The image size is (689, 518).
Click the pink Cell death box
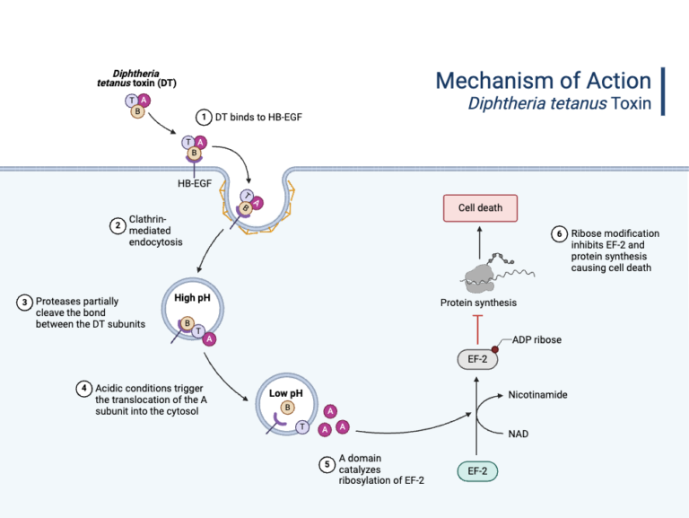(480, 207)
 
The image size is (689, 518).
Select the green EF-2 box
(477, 470)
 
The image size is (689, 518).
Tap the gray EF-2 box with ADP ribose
(477, 359)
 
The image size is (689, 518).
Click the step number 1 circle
(204, 117)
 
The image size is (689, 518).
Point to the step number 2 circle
(117, 225)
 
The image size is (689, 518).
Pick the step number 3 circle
(24, 302)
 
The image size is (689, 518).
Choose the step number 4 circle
(83, 389)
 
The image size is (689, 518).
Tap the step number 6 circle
(559, 234)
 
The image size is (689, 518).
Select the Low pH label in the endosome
(286, 392)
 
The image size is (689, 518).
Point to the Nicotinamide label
(537, 395)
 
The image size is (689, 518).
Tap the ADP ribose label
(539, 338)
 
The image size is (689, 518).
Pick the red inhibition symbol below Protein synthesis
(477, 329)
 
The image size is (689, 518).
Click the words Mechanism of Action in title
(543, 80)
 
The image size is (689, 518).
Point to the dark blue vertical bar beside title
(663, 91)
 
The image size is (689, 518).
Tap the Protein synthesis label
(478, 303)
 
